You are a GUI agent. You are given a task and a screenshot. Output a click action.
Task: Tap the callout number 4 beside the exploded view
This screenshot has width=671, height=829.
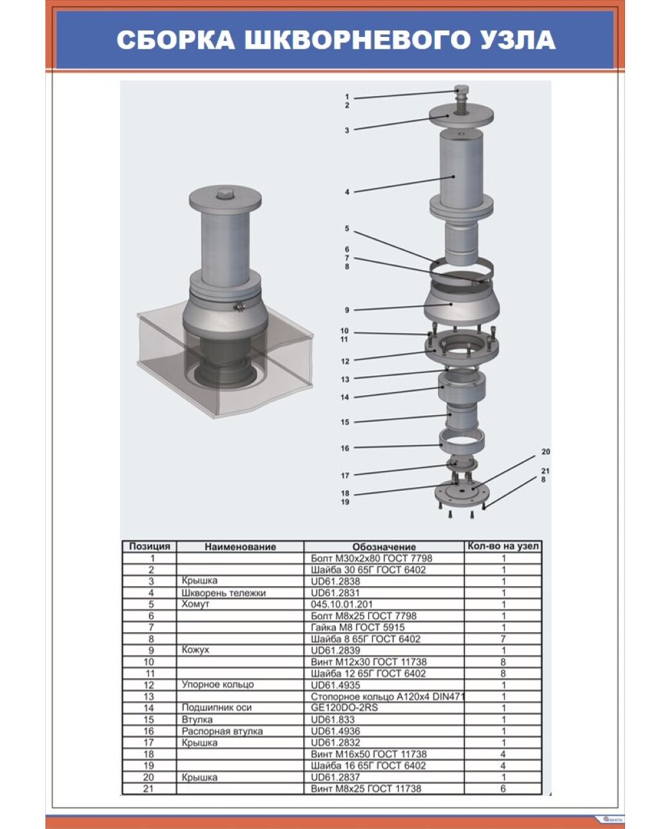(347, 192)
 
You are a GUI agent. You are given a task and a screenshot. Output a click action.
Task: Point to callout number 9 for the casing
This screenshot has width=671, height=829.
(347, 310)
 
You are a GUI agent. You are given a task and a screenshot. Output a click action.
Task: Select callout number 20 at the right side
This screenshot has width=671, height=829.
(546, 452)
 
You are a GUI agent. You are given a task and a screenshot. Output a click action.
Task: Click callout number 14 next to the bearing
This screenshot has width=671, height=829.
(345, 398)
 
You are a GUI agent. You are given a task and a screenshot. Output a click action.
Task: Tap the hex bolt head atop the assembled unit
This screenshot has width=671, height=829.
(225, 194)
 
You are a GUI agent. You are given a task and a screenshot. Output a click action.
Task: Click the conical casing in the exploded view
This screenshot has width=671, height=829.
(461, 304)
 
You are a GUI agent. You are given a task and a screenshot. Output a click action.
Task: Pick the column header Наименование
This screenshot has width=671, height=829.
(240, 547)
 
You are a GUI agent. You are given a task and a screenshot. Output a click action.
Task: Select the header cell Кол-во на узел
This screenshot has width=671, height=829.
(503, 547)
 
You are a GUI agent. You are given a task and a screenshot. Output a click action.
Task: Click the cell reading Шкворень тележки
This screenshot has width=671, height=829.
(224, 593)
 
